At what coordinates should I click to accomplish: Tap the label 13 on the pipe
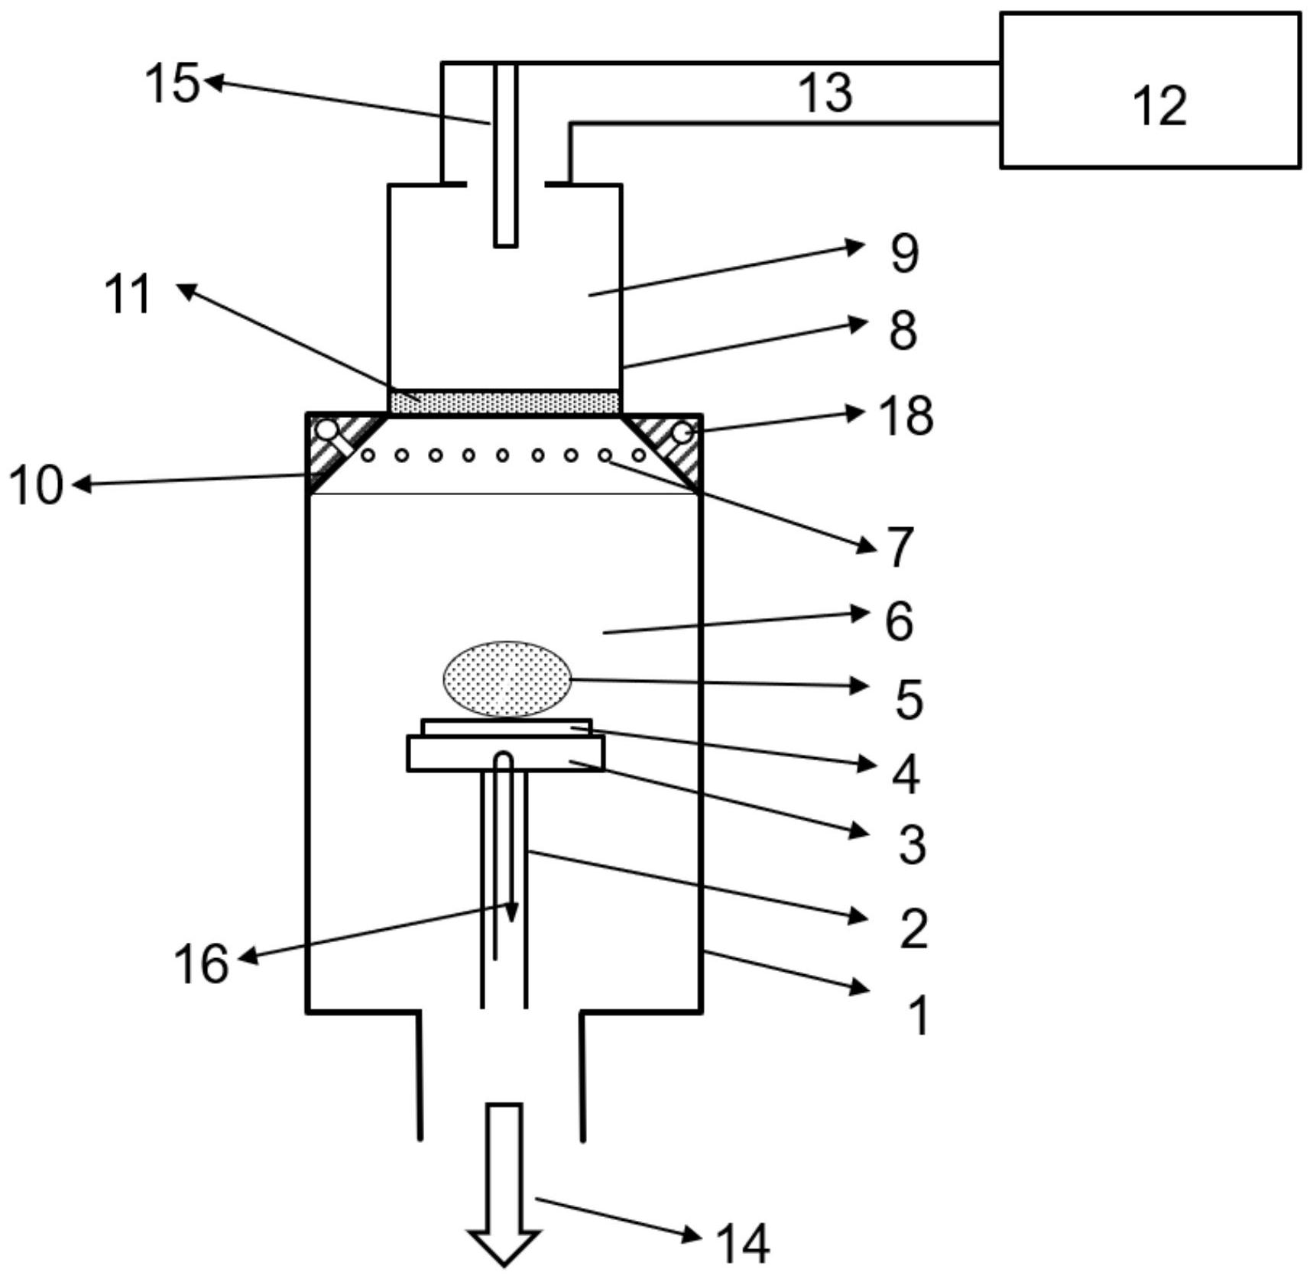(x=825, y=92)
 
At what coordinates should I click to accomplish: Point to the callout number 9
(x=904, y=253)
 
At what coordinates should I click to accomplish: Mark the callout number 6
(x=899, y=620)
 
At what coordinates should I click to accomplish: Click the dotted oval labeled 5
(x=507, y=679)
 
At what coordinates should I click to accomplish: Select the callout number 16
(x=201, y=963)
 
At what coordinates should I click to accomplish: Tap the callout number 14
(x=742, y=1244)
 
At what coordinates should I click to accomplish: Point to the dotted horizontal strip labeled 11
(x=504, y=402)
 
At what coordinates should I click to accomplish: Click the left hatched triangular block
(x=332, y=447)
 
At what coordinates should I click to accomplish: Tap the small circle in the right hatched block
(x=681, y=432)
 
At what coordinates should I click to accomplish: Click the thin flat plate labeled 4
(x=506, y=727)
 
